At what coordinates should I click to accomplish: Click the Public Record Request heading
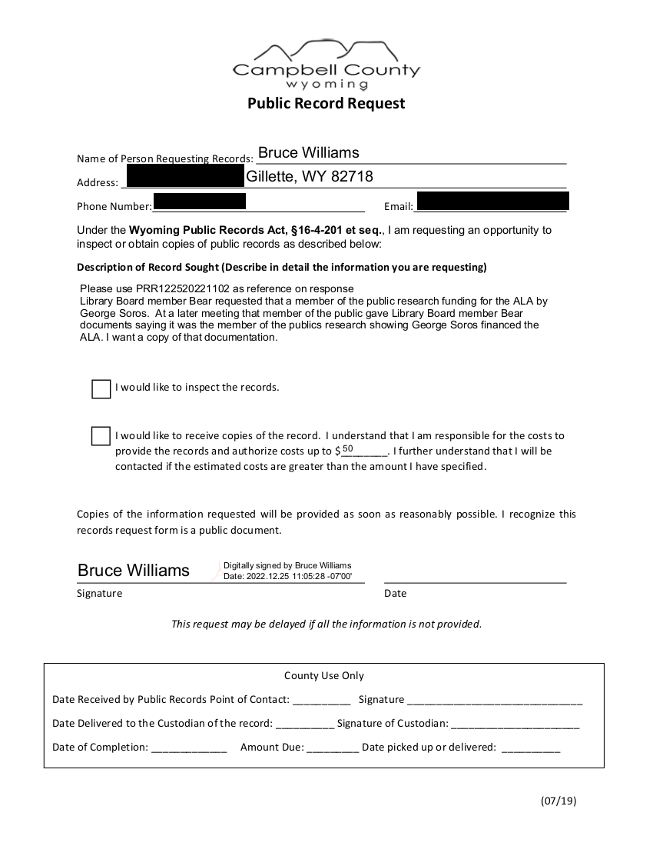(x=326, y=103)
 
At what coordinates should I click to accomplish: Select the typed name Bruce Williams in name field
(x=308, y=152)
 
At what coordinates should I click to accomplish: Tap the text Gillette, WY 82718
(x=310, y=177)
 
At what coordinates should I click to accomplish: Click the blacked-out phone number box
(x=200, y=202)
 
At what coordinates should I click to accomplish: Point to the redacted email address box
(x=492, y=202)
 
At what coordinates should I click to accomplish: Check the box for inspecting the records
(x=101, y=389)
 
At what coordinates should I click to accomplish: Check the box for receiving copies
(x=101, y=436)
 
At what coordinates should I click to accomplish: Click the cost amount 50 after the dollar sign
(x=348, y=449)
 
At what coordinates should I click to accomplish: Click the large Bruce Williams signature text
(x=134, y=571)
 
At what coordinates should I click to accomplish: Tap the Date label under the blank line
(x=396, y=594)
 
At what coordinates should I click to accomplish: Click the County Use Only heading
(x=324, y=676)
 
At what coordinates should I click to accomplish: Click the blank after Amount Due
(x=333, y=748)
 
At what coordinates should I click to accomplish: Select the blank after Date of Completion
(x=189, y=748)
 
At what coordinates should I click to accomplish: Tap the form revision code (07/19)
(x=559, y=801)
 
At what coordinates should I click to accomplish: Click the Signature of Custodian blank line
(x=515, y=724)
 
